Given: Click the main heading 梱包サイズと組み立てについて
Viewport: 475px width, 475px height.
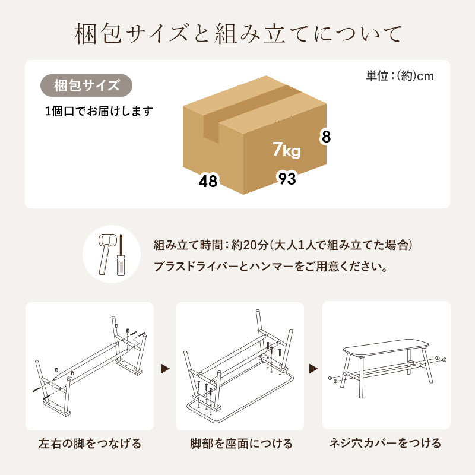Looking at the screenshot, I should click(237, 34).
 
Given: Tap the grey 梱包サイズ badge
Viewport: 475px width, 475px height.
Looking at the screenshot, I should click(86, 85).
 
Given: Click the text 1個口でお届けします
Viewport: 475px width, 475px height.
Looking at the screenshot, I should click(99, 111).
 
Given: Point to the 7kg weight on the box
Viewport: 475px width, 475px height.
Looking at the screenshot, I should click(286, 150).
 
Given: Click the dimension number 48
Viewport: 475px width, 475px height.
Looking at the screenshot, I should click(208, 181).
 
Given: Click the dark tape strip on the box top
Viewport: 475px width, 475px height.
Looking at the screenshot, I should click(249, 107).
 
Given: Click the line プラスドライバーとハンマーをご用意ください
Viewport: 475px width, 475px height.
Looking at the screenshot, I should click(270, 267).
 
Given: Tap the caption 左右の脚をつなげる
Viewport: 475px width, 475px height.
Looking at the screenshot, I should click(90, 444).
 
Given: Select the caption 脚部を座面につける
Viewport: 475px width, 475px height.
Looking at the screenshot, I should click(240, 444).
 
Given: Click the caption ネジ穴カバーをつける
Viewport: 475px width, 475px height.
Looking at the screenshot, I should click(386, 444).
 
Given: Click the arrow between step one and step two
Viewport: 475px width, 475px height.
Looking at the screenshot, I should click(166, 369).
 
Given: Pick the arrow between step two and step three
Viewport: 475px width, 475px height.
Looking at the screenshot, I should click(312, 369).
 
